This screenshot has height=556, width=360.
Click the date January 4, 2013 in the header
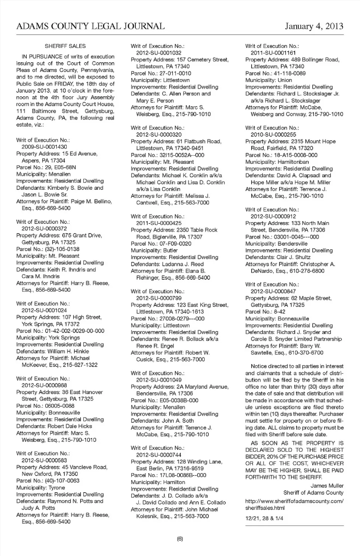point(314,26)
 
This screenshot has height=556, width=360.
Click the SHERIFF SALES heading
point(65,46)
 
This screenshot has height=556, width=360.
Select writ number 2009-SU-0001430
point(44,147)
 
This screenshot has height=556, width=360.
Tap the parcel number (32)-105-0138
point(62,249)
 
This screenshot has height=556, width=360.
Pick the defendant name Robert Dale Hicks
point(70,426)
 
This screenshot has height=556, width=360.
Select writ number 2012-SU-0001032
point(159,53)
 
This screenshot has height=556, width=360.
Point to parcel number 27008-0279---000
point(182,319)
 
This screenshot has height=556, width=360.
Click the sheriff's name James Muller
point(327,486)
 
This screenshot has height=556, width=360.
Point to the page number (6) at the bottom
point(180,539)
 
